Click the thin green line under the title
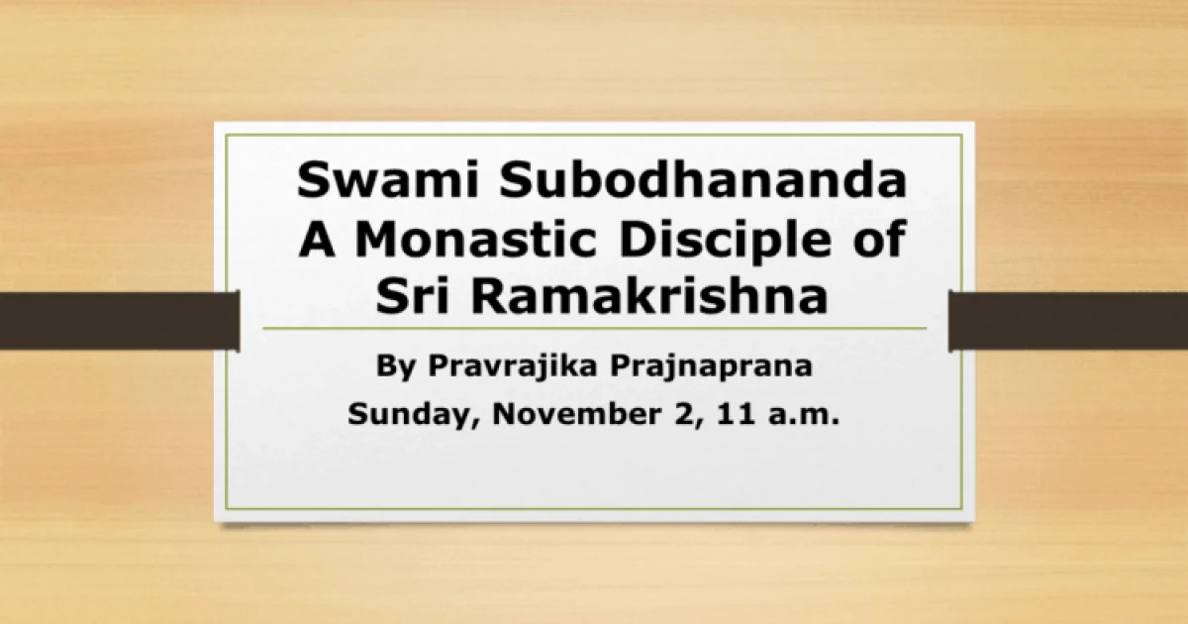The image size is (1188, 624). (594, 328)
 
